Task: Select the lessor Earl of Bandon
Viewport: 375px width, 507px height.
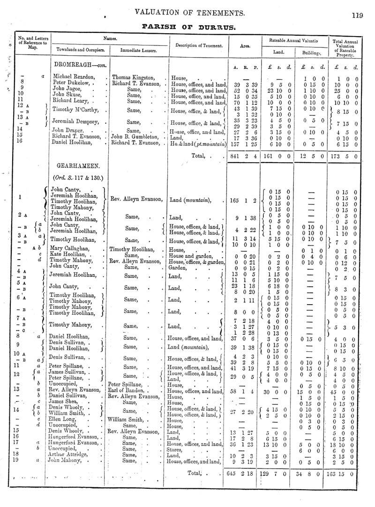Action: pos(129,390)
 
